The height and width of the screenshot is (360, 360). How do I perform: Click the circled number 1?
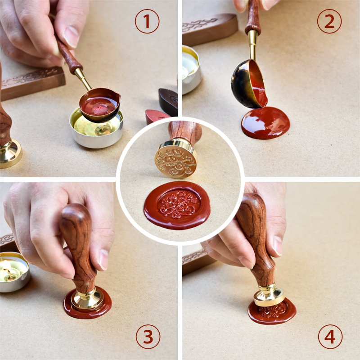147,21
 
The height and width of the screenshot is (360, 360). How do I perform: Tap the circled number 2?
329,21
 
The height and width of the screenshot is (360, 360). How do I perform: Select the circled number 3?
148,337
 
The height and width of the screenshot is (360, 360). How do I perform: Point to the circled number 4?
330,337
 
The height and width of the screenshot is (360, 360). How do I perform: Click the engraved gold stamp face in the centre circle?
175,162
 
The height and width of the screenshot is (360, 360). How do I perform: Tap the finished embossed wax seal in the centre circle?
177,206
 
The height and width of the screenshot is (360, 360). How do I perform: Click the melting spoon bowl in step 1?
99,105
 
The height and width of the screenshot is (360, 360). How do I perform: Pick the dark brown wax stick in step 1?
168,102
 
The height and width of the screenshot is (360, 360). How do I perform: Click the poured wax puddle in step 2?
265,123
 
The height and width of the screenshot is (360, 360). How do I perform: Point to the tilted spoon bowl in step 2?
250,84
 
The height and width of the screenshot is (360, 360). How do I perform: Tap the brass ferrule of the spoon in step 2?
252,45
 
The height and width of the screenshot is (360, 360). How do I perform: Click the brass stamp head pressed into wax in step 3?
87,300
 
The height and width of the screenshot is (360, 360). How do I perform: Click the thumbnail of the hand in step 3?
103,260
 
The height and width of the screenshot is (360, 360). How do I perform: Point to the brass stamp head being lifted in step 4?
269,296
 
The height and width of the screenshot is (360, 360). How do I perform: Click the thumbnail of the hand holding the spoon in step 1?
71,36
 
